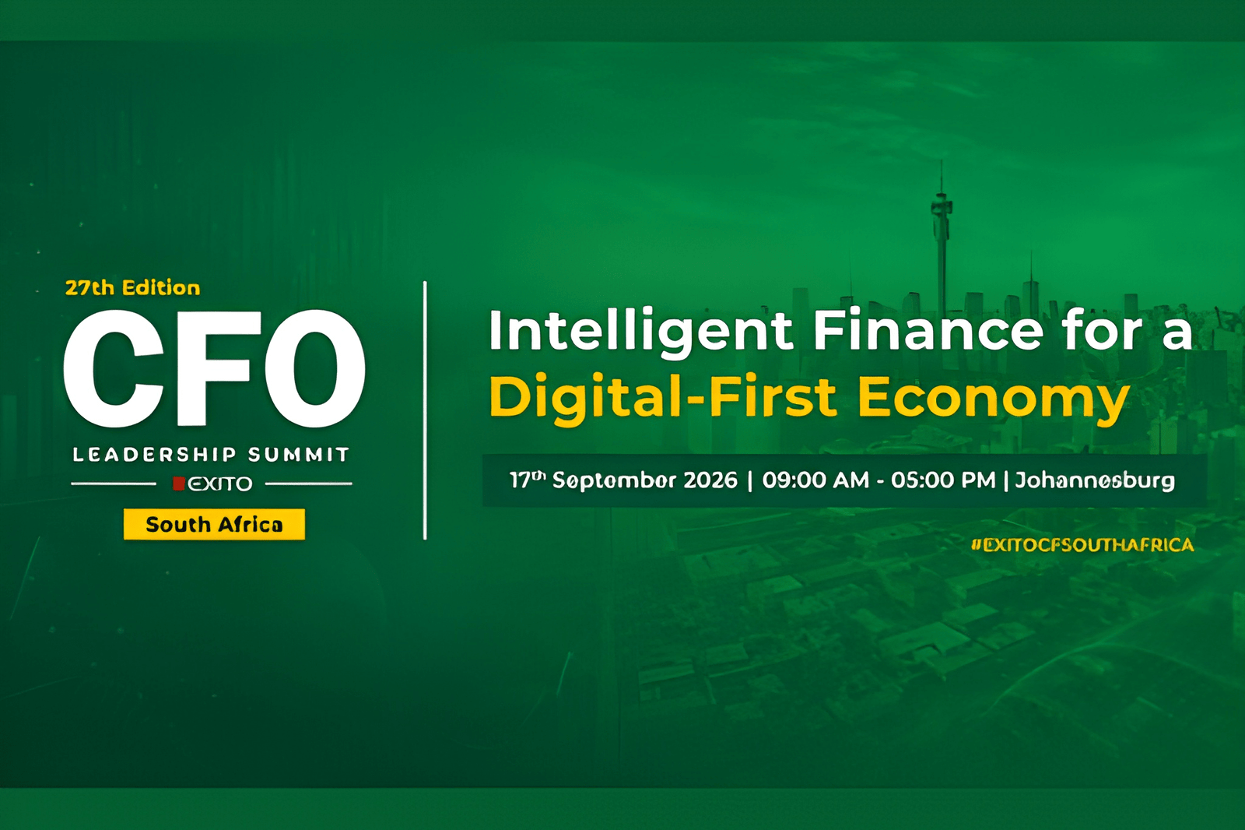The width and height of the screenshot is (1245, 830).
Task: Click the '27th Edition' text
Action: coord(132,288)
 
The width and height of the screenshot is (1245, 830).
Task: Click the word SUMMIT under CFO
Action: coord(299,455)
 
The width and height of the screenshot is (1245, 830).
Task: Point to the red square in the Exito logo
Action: coord(178,484)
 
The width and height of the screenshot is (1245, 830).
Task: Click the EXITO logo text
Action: coord(219,484)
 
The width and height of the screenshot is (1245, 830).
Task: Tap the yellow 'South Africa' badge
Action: coord(214,524)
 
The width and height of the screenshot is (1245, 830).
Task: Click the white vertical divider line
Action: coord(425,410)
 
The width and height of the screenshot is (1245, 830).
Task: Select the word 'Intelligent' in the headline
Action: coord(640,332)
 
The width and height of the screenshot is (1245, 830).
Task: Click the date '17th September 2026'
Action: coord(623,480)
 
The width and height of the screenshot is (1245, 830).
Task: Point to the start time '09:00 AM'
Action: coord(815,480)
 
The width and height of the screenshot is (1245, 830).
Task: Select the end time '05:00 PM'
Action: coord(943,480)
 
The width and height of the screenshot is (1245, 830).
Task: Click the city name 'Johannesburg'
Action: coord(1095,480)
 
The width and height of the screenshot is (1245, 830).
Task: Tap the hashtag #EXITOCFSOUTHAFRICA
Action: coord(1082,544)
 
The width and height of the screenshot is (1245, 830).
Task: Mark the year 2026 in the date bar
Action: coord(710,480)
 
